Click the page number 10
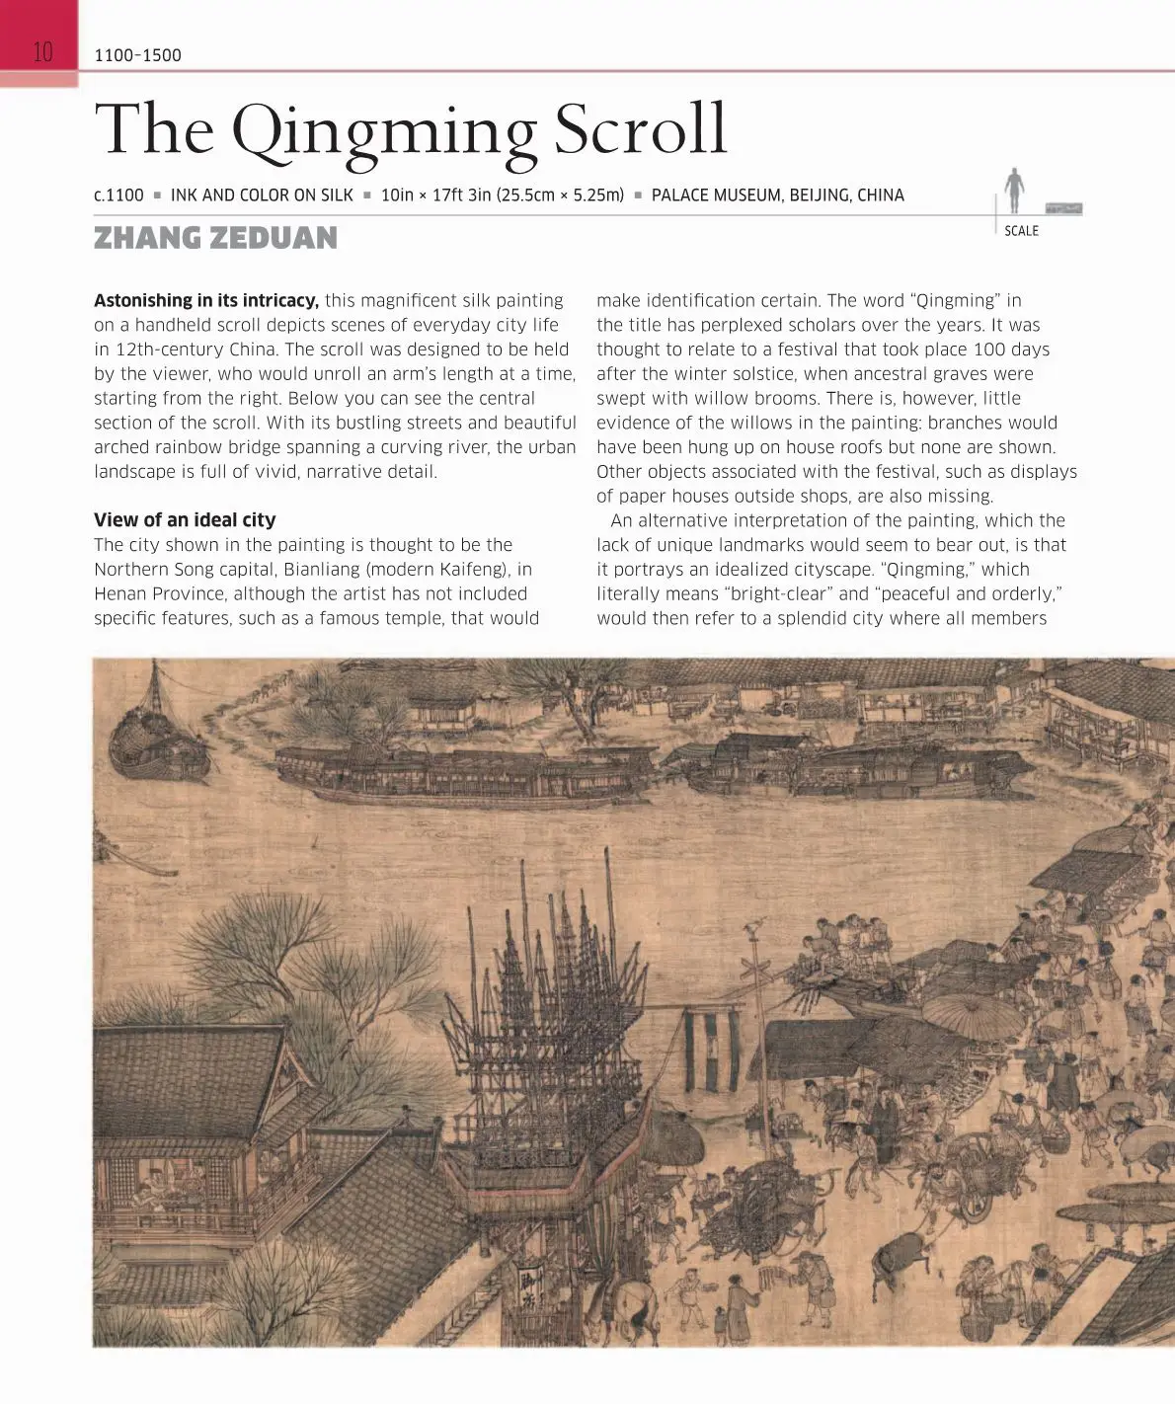tap(42, 52)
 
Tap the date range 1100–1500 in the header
tap(137, 55)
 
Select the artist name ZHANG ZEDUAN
tap(215, 238)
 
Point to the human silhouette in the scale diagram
tap(1013, 190)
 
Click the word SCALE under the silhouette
tap(1021, 231)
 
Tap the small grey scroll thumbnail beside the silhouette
tap(1062, 208)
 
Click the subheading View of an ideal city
tap(185, 519)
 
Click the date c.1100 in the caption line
tap(118, 195)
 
